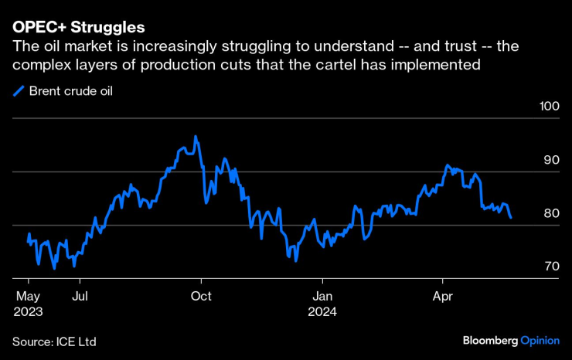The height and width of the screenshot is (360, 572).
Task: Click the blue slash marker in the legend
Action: pyautogui.click(x=19, y=91)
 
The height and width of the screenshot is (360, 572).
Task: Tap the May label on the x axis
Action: pyautogui.click(x=28, y=295)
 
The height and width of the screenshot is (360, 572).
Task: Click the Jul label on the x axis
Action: pyautogui.click(x=78, y=295)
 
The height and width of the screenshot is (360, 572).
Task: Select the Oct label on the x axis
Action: pyautogui.click(x=201, y=295)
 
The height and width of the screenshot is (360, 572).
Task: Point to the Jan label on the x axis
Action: pyautogui.click(x=322, y=295)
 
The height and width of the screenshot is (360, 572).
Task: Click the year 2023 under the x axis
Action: pyautogui.click(x=28, y=312)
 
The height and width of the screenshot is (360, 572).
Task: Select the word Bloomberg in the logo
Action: pyautogui.click(x=490, y=340)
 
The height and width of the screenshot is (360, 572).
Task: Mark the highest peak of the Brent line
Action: pyautogui.click(x=196, y=137)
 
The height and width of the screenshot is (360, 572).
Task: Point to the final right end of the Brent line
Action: pyautogui.click(x=510, y=218)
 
